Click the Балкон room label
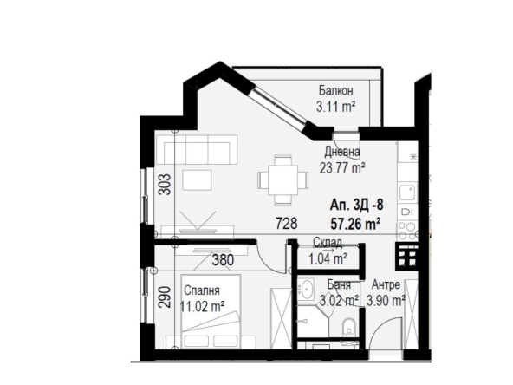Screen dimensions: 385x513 coord(335,90)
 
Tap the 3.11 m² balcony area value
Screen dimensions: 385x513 coord(335,107)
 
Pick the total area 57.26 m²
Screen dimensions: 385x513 coord(356,224)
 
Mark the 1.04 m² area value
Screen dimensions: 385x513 coord(328,258)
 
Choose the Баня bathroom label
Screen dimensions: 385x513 coord(338,284)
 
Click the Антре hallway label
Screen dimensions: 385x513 coord(386,284)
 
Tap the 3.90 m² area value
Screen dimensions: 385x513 coord(386,301)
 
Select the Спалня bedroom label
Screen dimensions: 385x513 coord(200,290)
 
